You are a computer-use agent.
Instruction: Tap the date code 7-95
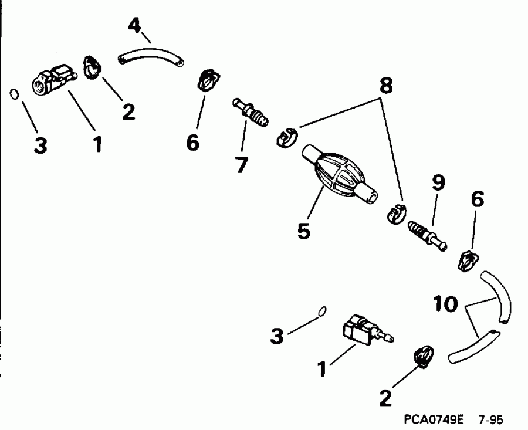coord(490,420)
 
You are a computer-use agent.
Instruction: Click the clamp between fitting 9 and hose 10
coord(467,259)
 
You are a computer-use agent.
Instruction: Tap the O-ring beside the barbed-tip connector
coord(320,311)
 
